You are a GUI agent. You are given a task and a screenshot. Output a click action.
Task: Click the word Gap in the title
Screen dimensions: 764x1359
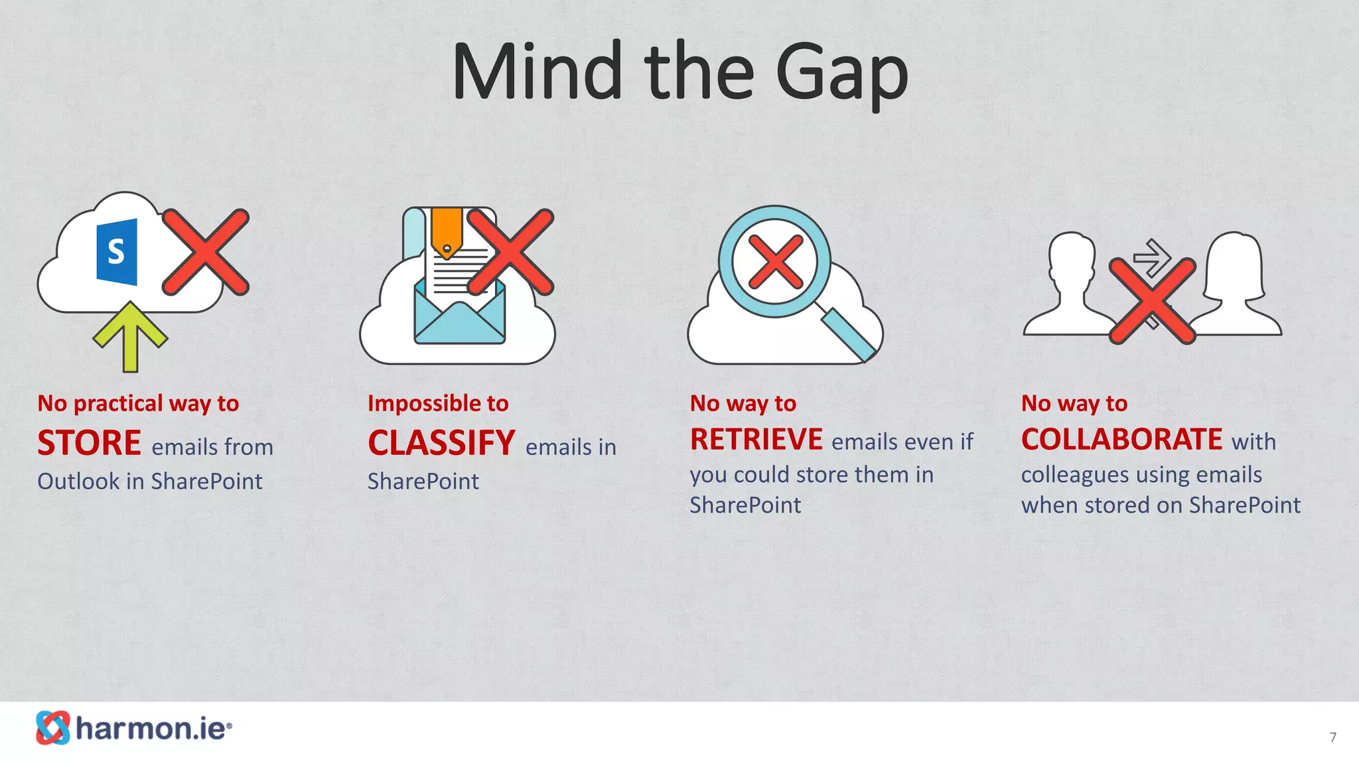coord(841,73)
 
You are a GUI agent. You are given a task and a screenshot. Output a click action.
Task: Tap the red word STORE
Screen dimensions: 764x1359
coord(89,443)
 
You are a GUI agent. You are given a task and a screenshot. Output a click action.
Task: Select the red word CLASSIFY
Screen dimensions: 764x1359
coord(441,443)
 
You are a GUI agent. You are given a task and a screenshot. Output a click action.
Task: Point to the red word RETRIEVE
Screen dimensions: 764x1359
coord(756,440)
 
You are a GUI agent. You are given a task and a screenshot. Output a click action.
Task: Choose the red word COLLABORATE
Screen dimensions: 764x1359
coord(1121,440)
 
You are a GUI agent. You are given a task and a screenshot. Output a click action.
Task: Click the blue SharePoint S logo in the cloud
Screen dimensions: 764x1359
coord(117,252)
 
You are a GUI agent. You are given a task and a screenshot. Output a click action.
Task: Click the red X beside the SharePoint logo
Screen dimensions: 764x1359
coord(206,252)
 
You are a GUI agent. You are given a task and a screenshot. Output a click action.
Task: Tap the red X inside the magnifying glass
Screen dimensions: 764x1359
coord(775,262)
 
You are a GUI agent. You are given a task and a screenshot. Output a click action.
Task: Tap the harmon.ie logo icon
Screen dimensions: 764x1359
coord(53,728)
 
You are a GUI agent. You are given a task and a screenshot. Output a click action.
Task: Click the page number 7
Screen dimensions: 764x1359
coord(1332,737)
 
